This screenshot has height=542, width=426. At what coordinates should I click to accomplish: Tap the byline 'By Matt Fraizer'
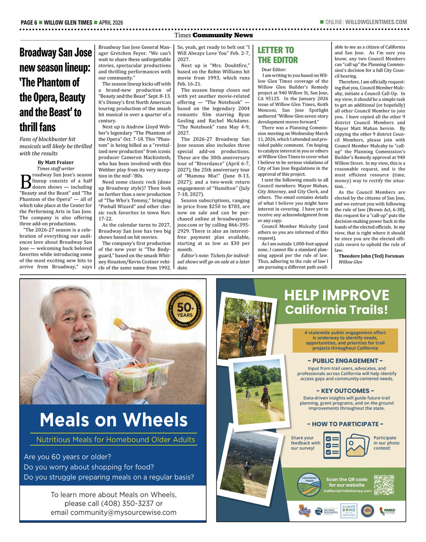tap(55, 162)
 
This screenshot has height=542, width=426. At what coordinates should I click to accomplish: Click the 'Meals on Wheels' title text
tap(113, 420)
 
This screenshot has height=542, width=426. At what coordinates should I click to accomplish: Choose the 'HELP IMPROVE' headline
tap(337, 295)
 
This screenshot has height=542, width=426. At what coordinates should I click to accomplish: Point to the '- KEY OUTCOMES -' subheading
tap(345, 391)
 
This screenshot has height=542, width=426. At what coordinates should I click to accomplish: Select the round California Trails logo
tap(309, 485)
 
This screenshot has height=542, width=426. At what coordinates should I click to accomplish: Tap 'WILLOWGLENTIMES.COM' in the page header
tap(376, 22)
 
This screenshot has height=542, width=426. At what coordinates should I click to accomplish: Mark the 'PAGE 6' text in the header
tap(29, 23)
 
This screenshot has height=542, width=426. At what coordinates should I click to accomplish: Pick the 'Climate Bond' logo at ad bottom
tap(348, 510)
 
